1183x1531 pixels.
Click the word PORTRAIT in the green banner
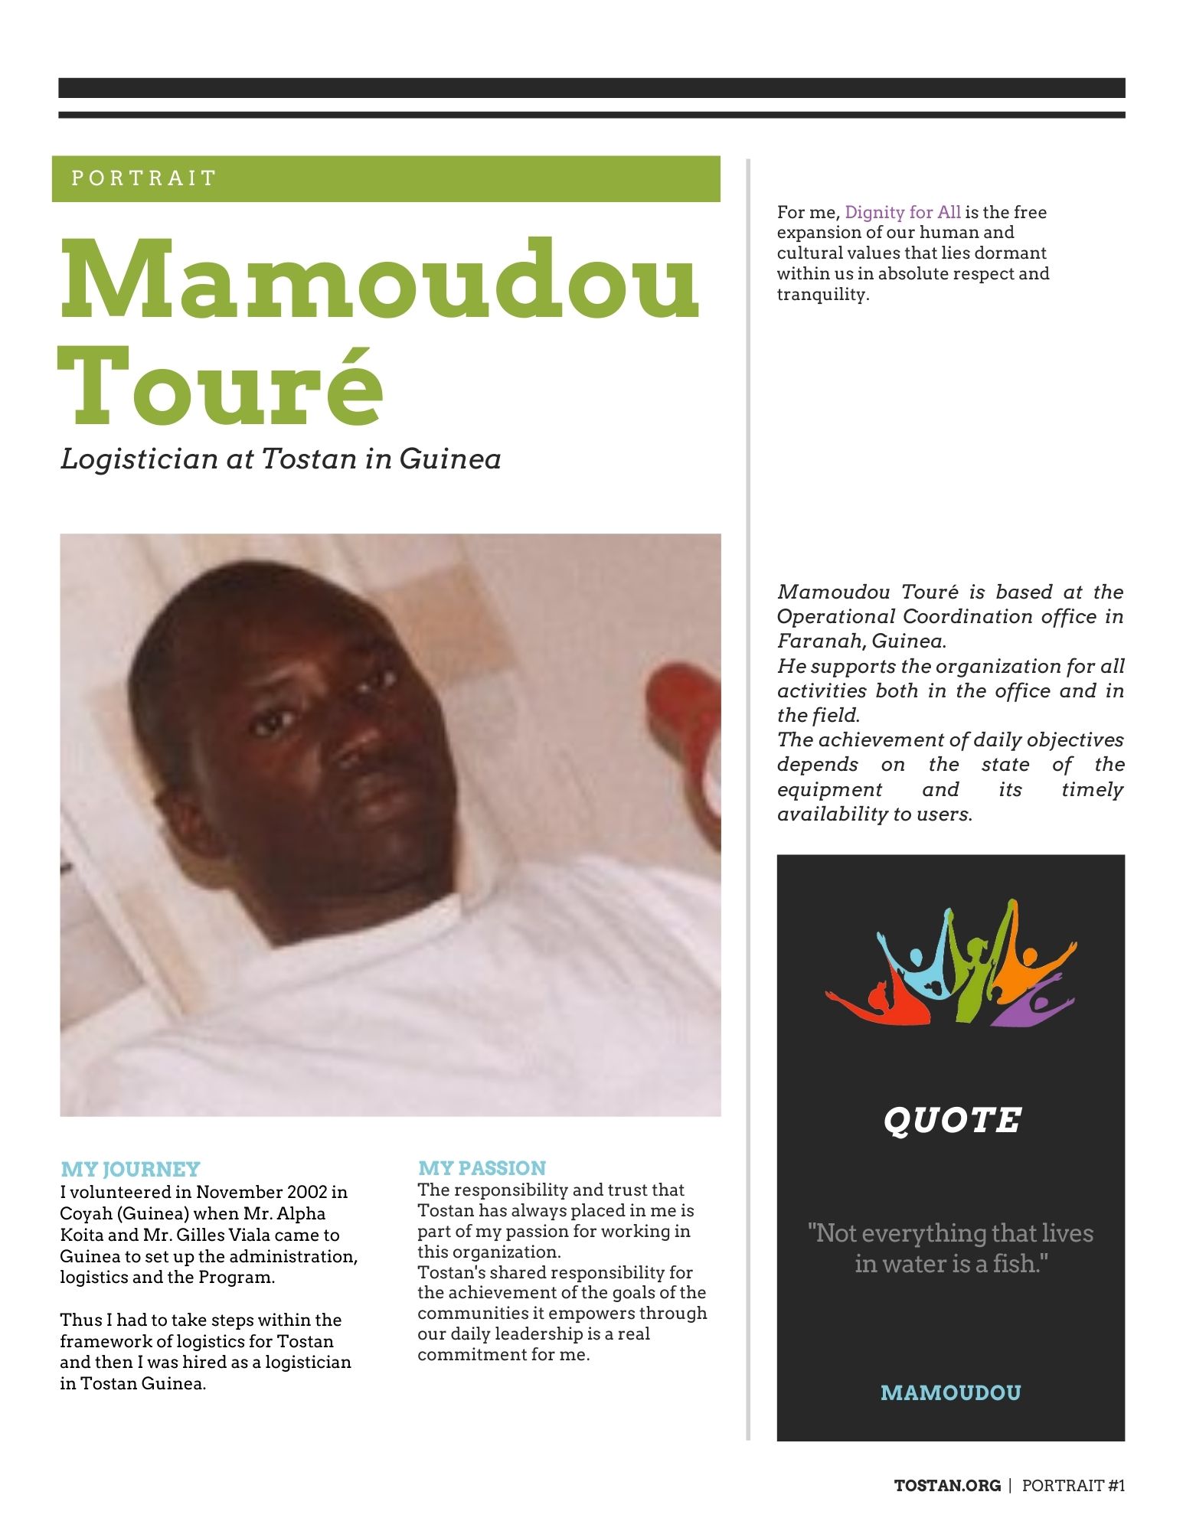tap(144, 178)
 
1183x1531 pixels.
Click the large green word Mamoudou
tap(380, 281)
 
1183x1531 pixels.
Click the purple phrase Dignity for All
tap(902, 212)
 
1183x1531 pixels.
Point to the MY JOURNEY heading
tap(130, 1169)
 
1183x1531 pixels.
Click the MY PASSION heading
tap(482, 1167)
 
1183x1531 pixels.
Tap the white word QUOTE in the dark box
tap(952, 1120)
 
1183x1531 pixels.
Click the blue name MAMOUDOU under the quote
tap(950, 1392)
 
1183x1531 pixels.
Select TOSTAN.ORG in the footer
tap(947, 1486)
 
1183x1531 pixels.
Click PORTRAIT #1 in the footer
tap(1074, 1486)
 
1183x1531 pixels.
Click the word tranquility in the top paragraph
tap(822, 295)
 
